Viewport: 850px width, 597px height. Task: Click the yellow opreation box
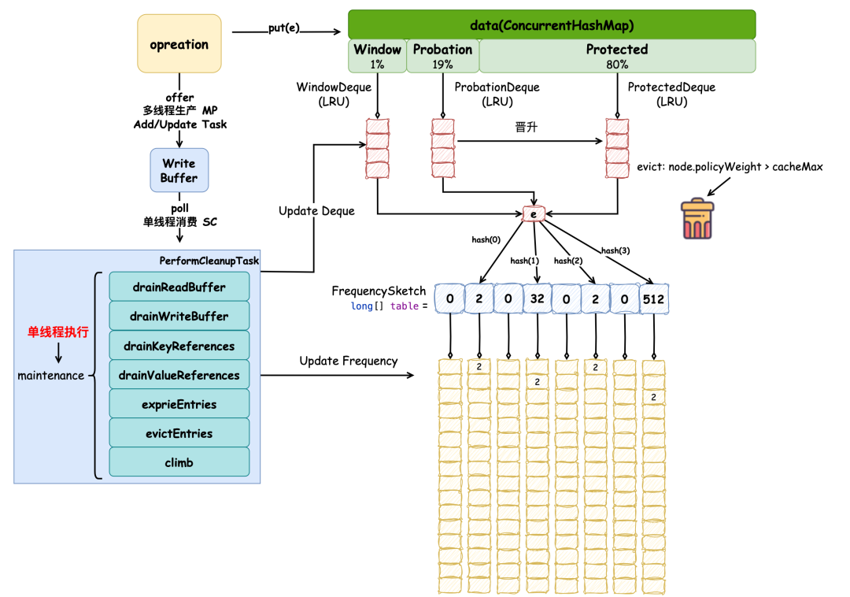click(179, 44)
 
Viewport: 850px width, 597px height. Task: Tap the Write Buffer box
click(179, 170)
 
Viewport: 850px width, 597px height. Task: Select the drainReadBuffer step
click(179, 287)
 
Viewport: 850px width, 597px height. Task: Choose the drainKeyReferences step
click(179, 346)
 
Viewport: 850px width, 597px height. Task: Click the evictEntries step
click(179, 433)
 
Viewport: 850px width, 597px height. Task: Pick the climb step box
click(179, 462)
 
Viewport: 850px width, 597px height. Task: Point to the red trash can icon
click(697, 220)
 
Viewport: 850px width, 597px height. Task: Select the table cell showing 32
click(538, 298)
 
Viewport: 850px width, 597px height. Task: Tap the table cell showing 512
click(655, 298)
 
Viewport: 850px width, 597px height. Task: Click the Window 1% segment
click(377, 56)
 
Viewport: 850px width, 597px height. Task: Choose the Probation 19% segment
click(442, 56)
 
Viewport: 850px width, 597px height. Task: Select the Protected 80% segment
click(617, 56)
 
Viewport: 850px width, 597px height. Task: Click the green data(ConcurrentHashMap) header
click(552, 24)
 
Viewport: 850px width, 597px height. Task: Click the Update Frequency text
click(348, 361)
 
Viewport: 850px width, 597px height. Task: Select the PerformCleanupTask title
click(209, 261)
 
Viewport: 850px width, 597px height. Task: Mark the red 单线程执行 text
click(57, 332)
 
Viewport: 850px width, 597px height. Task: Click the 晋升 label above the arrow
click(526, 128)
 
